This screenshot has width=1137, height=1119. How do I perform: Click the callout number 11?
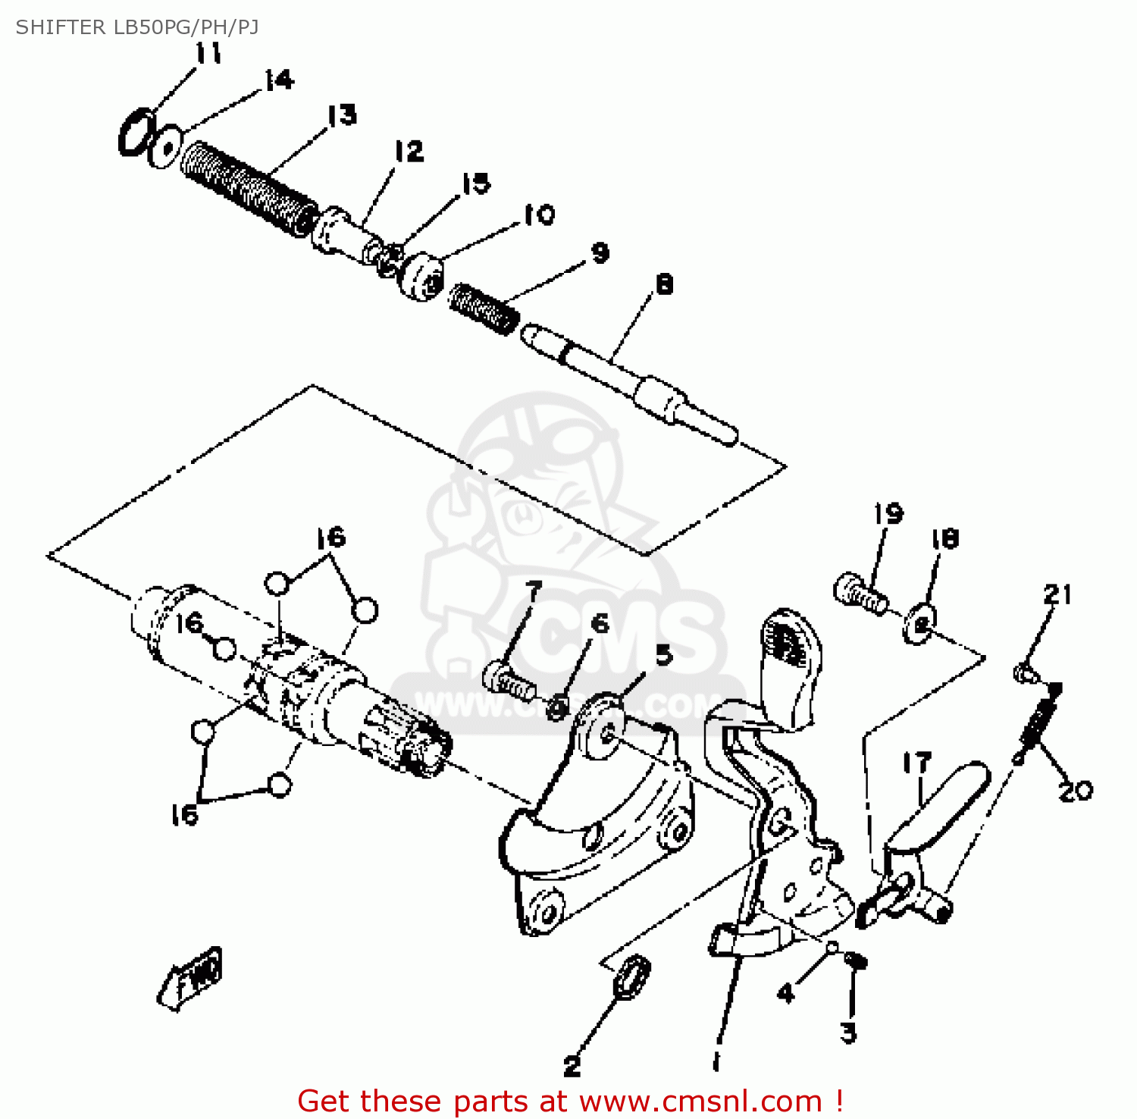[208, 53]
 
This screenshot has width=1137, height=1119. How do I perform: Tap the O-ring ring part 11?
[137, 133]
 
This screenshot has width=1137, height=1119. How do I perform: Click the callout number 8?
[664, 284]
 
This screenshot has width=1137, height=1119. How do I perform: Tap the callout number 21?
[1058, 594]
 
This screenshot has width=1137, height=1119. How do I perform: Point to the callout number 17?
[916, 763]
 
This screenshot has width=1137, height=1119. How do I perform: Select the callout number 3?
[848, 1032]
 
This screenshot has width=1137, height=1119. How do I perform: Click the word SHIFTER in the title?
[61, 27]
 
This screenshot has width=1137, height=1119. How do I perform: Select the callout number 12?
[409, 151]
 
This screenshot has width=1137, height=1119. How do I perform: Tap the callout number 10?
[539, 215]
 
